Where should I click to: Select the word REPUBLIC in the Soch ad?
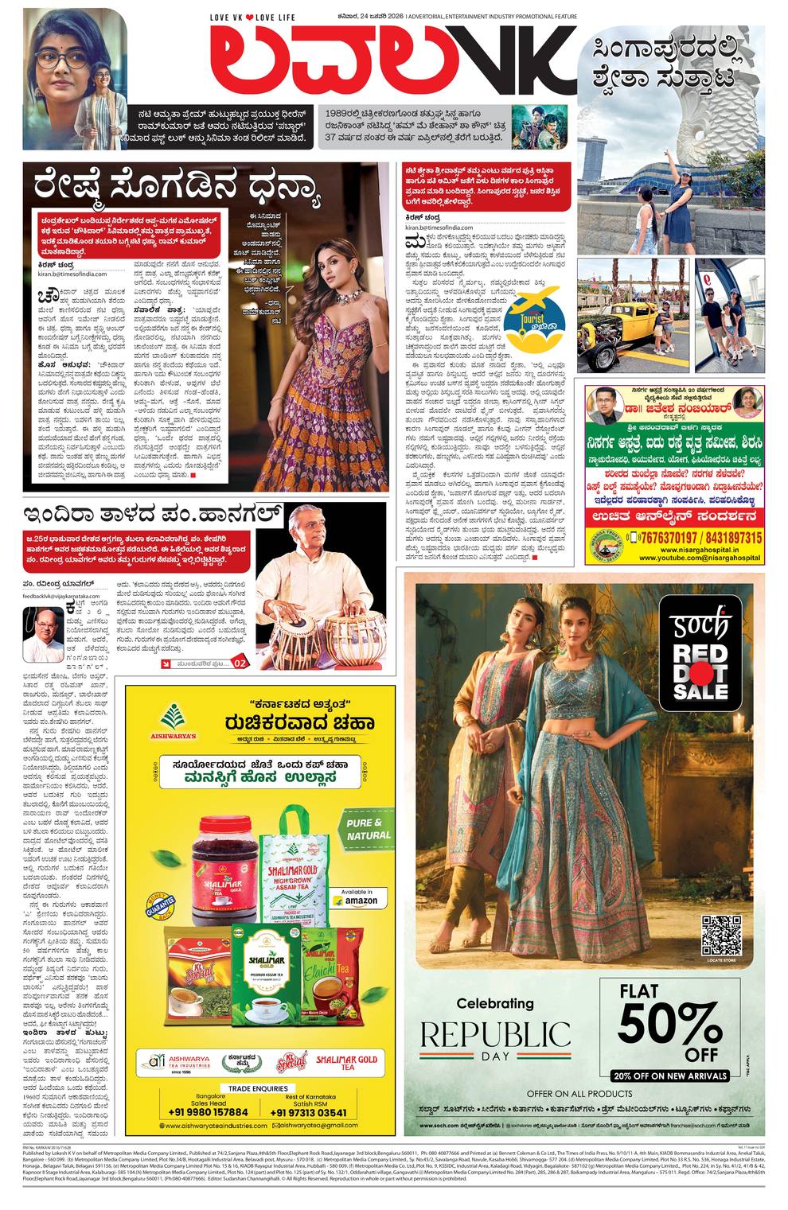495,1035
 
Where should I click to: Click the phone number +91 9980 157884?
209,1112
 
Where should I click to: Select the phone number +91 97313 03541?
309,1112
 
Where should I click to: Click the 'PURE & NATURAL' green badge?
369,829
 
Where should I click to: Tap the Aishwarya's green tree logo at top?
176,717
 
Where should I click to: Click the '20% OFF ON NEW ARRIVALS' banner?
670,1076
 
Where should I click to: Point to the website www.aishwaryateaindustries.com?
213,1126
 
